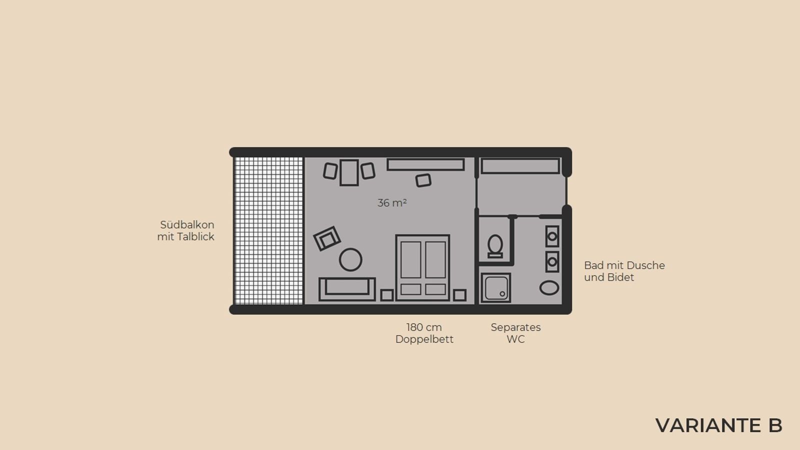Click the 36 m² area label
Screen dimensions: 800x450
(392, 203)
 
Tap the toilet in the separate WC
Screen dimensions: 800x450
(495, 246)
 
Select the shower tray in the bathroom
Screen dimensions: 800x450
(495, 288)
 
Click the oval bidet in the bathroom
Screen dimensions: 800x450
(549, 287)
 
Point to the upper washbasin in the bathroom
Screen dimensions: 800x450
(552, 236)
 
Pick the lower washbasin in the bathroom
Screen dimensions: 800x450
(552, 262)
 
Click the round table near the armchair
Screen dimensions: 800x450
(350, 259)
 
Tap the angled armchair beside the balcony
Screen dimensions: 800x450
(327, 238)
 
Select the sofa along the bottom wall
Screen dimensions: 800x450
(347, 289)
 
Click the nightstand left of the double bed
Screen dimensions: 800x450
(387, 295)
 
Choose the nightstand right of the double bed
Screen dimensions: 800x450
(459, 295)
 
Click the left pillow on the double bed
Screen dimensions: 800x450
(410, 289)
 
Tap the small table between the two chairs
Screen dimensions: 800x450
(349, 172)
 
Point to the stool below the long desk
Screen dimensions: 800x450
(423, 180)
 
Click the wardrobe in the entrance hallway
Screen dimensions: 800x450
(520, 166)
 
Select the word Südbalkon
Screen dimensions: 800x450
(187, 224)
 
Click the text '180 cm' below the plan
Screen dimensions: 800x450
(424, 327)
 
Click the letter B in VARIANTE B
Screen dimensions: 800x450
(773, 425)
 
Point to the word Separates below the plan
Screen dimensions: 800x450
(515, 327)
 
